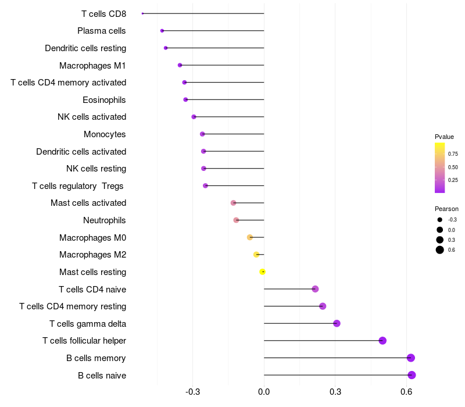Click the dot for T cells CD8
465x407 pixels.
click(x=142, y=13)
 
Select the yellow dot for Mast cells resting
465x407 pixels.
click(x=262, y=272)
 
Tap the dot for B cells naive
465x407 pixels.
click(x=412, y=375)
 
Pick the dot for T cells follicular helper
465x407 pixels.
click(x=382, y=341)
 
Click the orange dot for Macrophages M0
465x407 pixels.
click(x=250, y=237)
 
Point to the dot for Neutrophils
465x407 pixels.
click(x=236, y=220)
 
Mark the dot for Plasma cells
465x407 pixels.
click(x=162, y=31)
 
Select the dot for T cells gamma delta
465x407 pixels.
click(x=337, y=323)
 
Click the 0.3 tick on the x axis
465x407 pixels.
click(x=335, y=392)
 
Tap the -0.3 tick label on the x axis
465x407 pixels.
click(x=193, y=392)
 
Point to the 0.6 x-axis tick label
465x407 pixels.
click(x=406, y=392)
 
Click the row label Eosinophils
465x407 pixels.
click(x=104, y=100)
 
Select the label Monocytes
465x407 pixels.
click(x=105, y=134)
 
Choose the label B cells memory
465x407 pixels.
click(x=96, y=358)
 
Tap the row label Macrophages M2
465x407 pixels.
click(x=93, y=255)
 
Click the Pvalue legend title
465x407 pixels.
click(x=444, y=137)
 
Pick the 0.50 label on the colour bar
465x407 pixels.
click(x=453, y=167)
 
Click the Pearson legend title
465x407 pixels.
click(x=446, y=209)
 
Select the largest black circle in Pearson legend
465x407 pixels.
click(x=440, y=250)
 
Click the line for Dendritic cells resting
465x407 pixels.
click(x=214, y=48)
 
